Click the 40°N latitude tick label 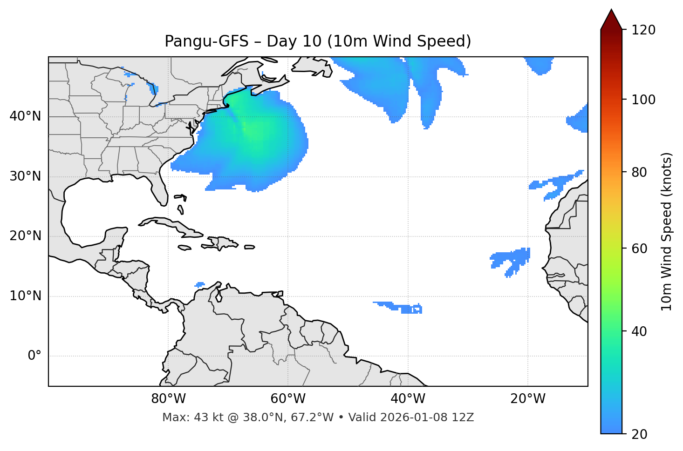[x=25, y=116]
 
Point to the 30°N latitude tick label [x=25, y=176]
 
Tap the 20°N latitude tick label [x=25, y=236]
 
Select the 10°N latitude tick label [x=25, y=296]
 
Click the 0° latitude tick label [x=34, y=356]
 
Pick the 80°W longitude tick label [x=168, y=399]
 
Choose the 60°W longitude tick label [x=288, y=399]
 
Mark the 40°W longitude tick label [x=408, y=399]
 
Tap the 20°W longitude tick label [x=527, y=399]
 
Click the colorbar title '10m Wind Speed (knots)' [x=667, y=231]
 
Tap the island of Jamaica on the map [x=184, y=248]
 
